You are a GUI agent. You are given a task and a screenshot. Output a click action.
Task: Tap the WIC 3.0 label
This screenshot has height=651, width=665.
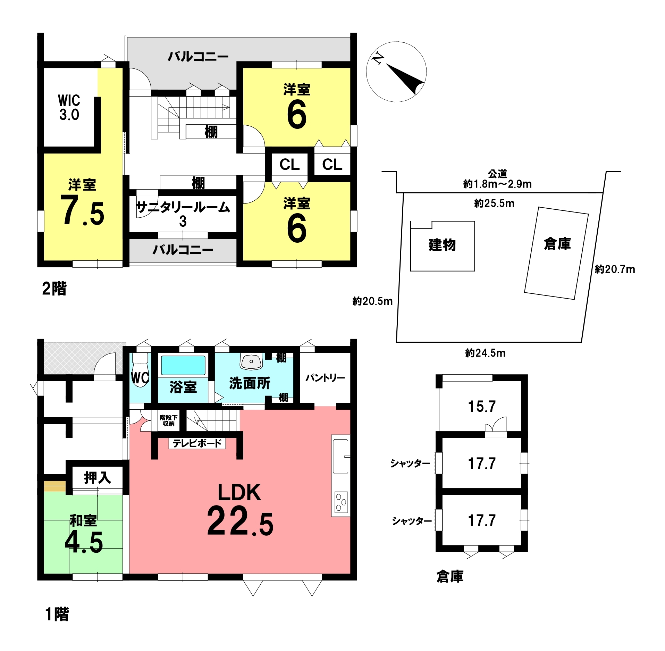[x=69, y=107]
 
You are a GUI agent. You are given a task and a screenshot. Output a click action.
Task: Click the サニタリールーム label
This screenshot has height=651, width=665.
[x=183, y=207]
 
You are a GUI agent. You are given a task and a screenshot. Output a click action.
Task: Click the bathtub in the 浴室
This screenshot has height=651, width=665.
[x=183, y=365]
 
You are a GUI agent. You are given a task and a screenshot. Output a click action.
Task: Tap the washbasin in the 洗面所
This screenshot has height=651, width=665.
[x=251, y=362]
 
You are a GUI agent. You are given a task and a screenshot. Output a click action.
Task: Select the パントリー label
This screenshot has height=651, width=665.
[x=325, y=377]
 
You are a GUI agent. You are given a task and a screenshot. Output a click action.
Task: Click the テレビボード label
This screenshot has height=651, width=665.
[x=197, y=443]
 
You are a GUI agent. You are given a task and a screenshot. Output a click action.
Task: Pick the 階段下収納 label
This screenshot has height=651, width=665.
[x=169, y=420]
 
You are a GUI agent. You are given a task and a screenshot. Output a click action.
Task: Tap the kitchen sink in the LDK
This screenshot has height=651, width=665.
[x=341, y=456]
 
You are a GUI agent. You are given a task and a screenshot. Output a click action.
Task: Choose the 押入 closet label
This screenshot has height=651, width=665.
[x=98, y=478]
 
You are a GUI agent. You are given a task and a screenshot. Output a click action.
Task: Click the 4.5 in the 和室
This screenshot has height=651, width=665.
[x=84, y=542]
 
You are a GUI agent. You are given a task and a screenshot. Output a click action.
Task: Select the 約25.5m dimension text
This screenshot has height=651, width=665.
[x=494, y=203]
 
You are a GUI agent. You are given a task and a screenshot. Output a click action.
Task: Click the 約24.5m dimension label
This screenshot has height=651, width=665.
[x=485, y=353]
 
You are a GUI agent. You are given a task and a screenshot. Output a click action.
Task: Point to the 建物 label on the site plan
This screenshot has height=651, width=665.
[x=442, y=245]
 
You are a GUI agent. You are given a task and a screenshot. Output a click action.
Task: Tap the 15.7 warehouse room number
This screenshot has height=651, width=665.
[x=482, y=406]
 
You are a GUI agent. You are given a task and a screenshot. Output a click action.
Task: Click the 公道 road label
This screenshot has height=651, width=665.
[x=497, y=174]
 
